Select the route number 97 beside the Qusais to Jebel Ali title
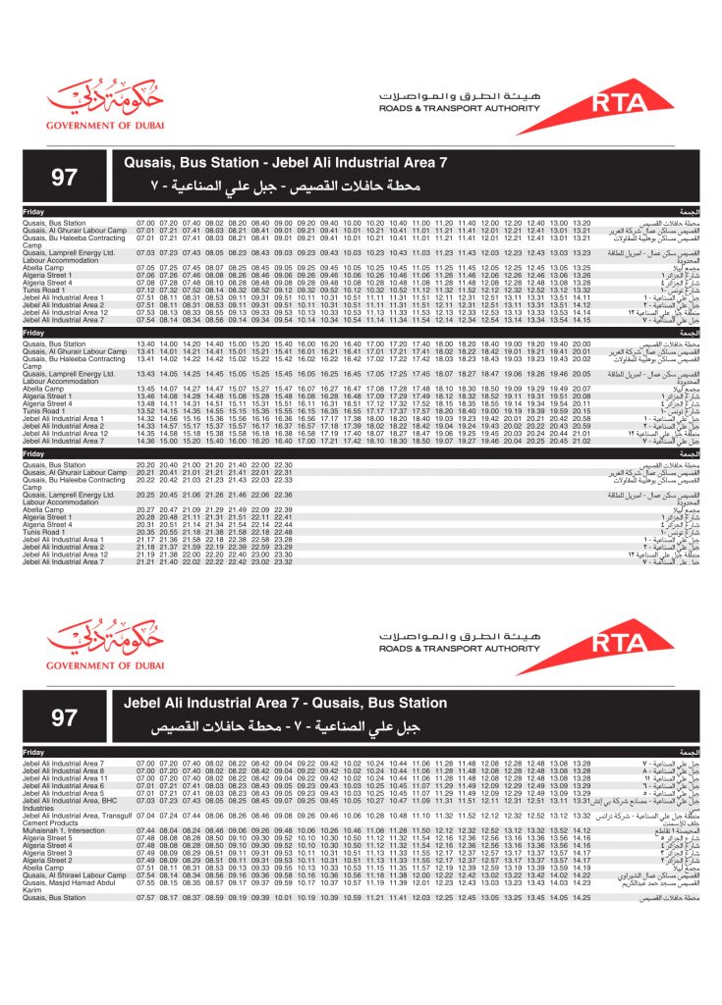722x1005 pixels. tap(64, 177)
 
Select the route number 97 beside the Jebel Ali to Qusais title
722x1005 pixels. tap(64, 717)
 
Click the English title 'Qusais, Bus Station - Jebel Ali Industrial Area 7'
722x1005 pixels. tap(285, 163)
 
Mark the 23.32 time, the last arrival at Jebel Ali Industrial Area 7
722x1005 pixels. tap(285, 561)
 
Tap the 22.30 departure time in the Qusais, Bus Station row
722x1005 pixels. tap(285, 464)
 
